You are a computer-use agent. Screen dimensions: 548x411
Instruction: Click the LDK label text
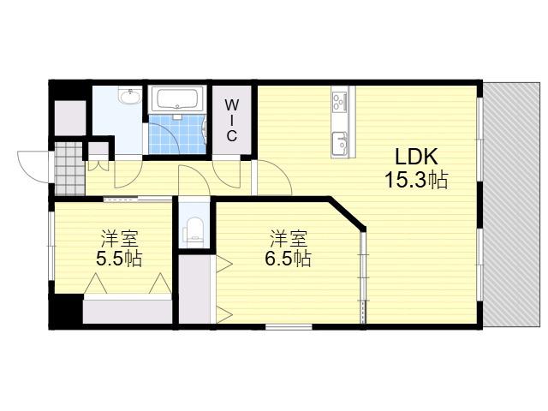(416, 157)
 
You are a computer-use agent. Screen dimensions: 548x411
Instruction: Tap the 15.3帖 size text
(416, 180)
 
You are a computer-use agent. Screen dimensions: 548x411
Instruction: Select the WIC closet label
(231, 120)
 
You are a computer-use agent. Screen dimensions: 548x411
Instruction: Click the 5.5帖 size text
(119, 259)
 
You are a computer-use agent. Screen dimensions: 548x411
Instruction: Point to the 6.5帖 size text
(288, 259)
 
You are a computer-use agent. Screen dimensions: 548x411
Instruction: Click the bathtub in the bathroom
(177, 99)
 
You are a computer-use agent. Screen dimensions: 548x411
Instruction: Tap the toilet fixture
(194, 229)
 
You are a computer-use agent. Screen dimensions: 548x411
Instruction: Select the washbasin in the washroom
(130, 96)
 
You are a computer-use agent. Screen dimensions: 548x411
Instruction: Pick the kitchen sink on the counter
(339, 144)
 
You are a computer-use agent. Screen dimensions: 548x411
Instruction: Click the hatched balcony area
(511, 205)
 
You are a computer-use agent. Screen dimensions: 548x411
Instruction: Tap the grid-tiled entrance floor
(69, 169)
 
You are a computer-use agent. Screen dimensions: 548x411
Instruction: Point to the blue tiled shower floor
(177, 134)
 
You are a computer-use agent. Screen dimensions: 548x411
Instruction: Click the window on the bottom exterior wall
(289, 327)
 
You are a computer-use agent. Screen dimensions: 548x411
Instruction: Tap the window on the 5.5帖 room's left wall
(51, 246)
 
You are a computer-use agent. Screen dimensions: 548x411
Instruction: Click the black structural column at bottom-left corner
(66, 311)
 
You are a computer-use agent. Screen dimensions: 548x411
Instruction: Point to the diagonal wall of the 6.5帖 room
(346, 213)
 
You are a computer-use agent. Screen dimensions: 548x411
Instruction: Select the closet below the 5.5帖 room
(128, 311)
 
